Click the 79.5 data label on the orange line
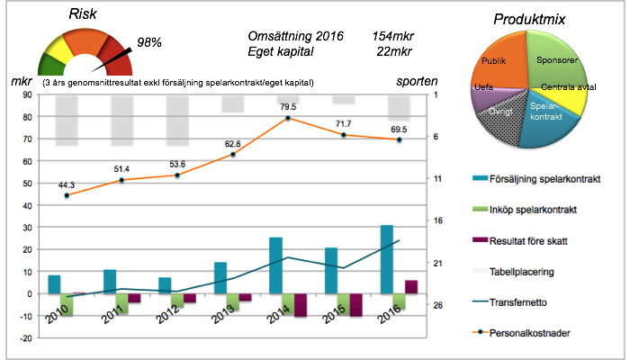(288, 107)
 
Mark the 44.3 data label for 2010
(67, 185)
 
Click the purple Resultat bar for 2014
(301, 304)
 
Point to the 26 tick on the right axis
(438, 305)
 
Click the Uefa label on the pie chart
(482, 89)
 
